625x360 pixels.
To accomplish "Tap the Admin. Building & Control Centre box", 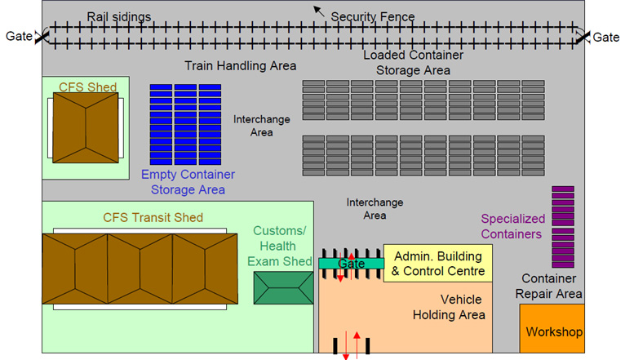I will click(437, 263).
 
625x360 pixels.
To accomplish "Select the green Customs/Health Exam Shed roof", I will click(283, 289).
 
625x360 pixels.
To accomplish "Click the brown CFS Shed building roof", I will click(85, 127).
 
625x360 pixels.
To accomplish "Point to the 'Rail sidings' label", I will click(119, 16).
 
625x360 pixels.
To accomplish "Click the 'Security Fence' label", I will click(373, 16).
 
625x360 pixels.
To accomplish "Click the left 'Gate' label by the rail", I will click(19, 36).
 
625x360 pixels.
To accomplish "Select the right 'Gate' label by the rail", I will click(605, 37).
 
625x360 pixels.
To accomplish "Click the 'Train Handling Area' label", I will click(240, 65).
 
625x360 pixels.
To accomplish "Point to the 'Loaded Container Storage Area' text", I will click(413, 63).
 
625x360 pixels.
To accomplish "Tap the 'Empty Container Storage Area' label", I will click(188, 182).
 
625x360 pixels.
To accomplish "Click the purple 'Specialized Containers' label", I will click(512, 226).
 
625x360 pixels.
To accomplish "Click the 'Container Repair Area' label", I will click(552, 287).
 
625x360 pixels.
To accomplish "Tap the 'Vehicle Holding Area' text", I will click(450, 307).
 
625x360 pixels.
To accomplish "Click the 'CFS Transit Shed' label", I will click(153, 218).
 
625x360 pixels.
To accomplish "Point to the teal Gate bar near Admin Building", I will click(351, 264).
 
